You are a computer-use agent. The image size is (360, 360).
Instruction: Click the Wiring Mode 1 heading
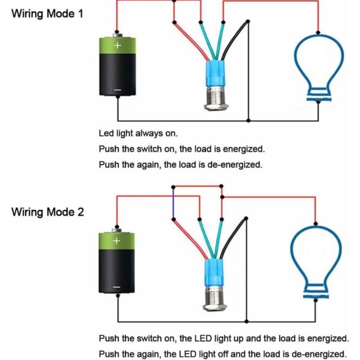tap(47, 13)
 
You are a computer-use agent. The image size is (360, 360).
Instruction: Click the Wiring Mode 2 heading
tap(47, 211)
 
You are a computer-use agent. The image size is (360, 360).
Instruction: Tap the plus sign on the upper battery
tap(117, 45)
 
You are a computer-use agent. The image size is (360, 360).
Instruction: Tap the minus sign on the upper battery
tap(117, 90)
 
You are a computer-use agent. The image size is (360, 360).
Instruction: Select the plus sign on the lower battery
tap(117, 241)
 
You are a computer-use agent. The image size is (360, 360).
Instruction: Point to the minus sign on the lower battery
tap(117, 287)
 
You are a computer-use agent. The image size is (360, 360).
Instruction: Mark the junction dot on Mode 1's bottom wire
tap(249, 121)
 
